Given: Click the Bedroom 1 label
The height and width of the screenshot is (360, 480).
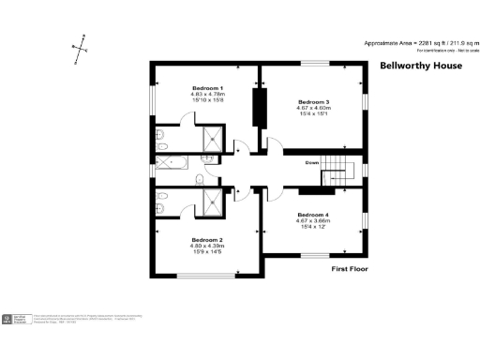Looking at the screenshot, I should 195,87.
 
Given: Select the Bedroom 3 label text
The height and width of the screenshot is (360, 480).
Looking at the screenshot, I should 313,101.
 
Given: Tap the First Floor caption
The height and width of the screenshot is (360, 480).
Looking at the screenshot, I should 351,269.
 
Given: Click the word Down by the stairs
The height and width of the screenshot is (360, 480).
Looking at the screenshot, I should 313,162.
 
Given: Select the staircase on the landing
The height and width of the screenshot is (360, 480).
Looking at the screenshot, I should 344,170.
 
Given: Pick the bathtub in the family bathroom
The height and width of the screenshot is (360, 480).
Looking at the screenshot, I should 172,162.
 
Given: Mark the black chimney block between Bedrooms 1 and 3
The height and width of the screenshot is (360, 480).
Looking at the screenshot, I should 257,107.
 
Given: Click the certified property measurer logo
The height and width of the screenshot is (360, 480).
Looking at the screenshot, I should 17,320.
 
